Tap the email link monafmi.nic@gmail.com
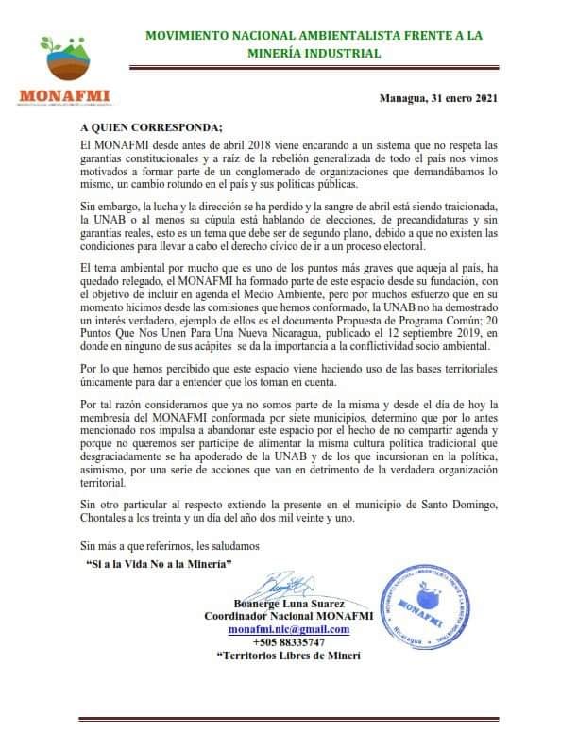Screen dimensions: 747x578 tap(289, 629)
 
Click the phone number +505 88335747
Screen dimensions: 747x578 tap(289, 642)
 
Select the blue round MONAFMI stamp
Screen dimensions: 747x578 tap(428, 605)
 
